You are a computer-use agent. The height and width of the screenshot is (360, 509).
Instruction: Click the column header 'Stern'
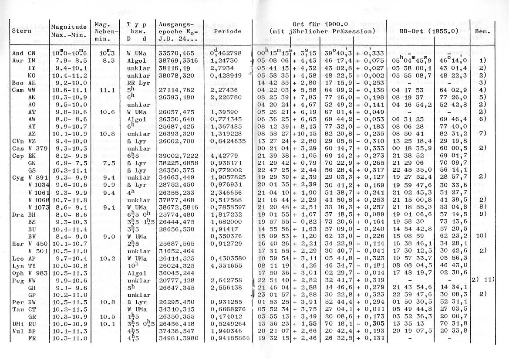(x=20, y=32)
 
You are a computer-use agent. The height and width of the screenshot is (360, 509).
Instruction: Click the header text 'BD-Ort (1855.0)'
(x=427, y=32)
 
